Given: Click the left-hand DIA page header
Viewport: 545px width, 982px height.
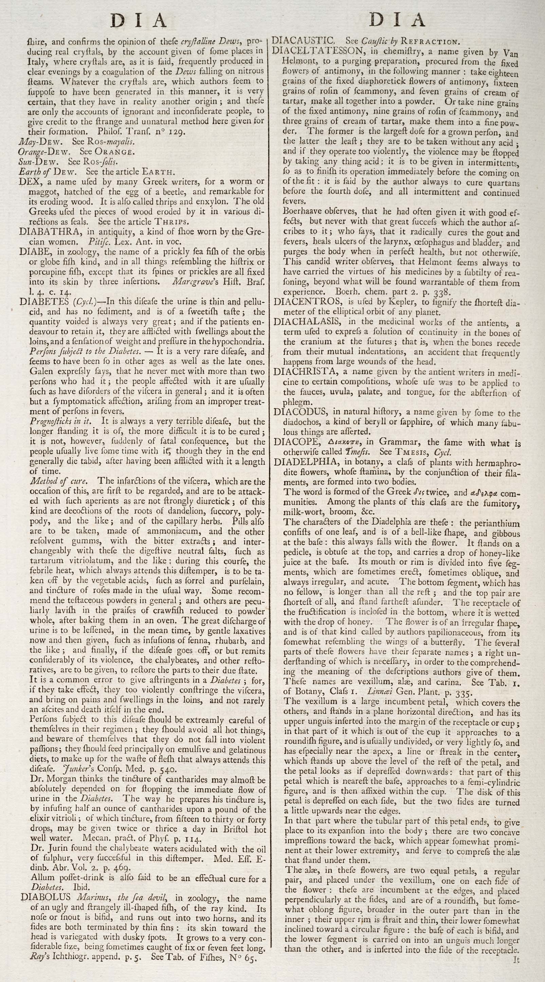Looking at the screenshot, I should coord(139,21).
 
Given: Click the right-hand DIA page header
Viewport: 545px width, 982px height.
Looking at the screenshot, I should coord(397,20).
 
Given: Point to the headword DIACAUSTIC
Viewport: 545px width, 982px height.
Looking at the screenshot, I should coord(304,40).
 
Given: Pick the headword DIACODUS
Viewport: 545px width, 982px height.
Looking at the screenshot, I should coord(299,411).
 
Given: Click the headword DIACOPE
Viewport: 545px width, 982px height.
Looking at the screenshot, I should coord(296,442).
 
